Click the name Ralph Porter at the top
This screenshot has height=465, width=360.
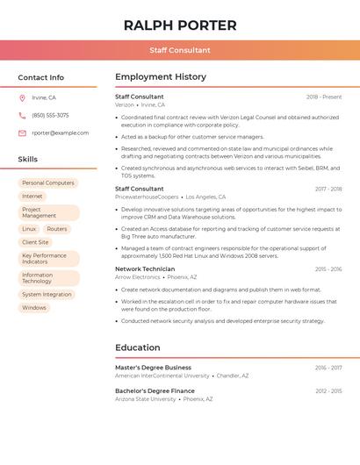pos(180,25)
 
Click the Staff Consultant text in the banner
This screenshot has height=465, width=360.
pos(180,51)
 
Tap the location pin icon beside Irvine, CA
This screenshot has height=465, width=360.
pos(22,97)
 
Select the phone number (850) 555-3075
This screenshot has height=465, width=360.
pos(50,115)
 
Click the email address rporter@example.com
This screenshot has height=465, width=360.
pos(60,132)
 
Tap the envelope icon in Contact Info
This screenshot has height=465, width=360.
pos(22,133)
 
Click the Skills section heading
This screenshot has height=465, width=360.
pos(28,159)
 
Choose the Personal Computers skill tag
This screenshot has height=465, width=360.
pos(48,182)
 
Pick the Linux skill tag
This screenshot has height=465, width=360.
pos(29,229)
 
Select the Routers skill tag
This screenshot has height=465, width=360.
pos(57,229)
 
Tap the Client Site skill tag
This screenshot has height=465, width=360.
pos(35,242)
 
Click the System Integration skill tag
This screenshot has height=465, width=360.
pos(47,295)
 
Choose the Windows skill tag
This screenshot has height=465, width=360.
pos(34,308)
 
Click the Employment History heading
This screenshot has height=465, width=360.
pos(161,77)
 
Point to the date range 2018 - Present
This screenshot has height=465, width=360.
pos(324,97)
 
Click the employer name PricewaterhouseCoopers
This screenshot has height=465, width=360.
pos(147,197)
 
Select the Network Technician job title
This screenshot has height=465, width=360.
pos(145,268)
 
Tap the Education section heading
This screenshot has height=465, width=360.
pos(138,347)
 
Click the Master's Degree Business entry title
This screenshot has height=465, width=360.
pos(153,368)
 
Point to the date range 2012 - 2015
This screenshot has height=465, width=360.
pos(328,391)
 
